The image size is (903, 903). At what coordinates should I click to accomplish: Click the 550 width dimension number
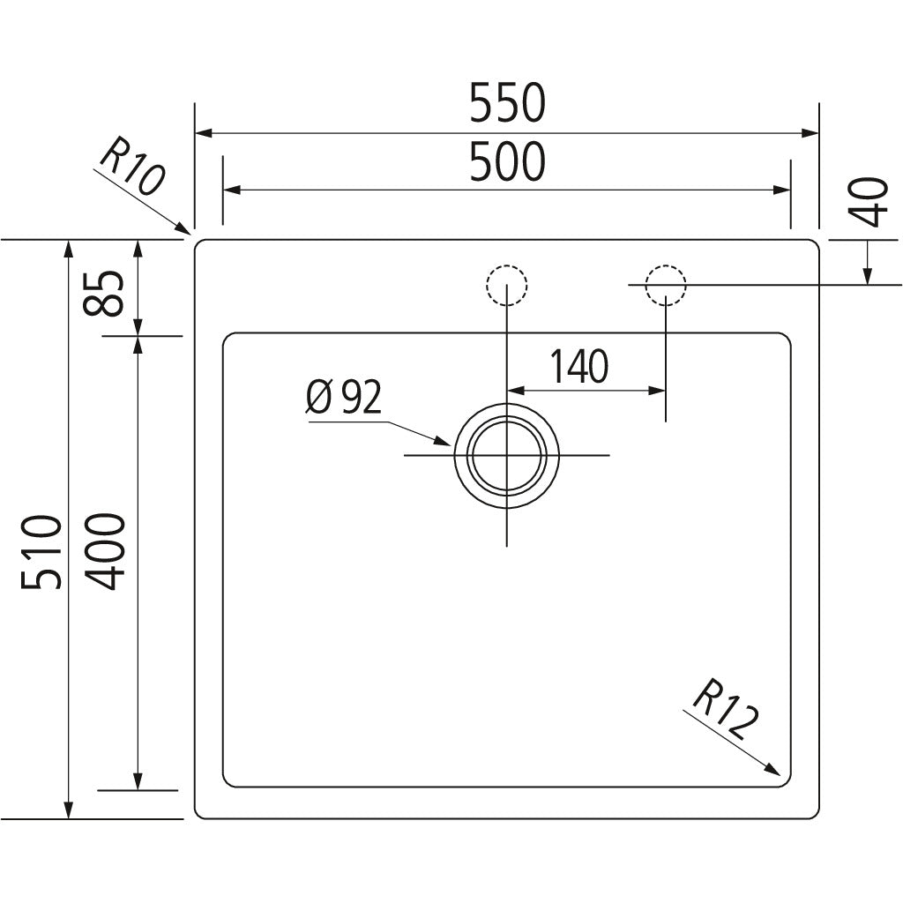[x=507, y=104]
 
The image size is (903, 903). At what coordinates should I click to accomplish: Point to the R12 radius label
[x=725, y=712]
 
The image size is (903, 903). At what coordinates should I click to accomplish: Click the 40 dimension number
[x=869, y=201]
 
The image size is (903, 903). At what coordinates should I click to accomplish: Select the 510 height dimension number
[x=42, y=554]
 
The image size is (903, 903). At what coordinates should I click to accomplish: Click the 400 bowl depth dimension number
[x=109, y=551]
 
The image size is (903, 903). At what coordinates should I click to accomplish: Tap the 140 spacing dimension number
[x=578, y=367]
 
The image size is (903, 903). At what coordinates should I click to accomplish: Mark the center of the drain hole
[x=507, y=454]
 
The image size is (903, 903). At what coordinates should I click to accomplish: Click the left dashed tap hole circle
[x=507, y=285]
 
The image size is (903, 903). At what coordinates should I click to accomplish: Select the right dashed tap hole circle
[x=665, y=285]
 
